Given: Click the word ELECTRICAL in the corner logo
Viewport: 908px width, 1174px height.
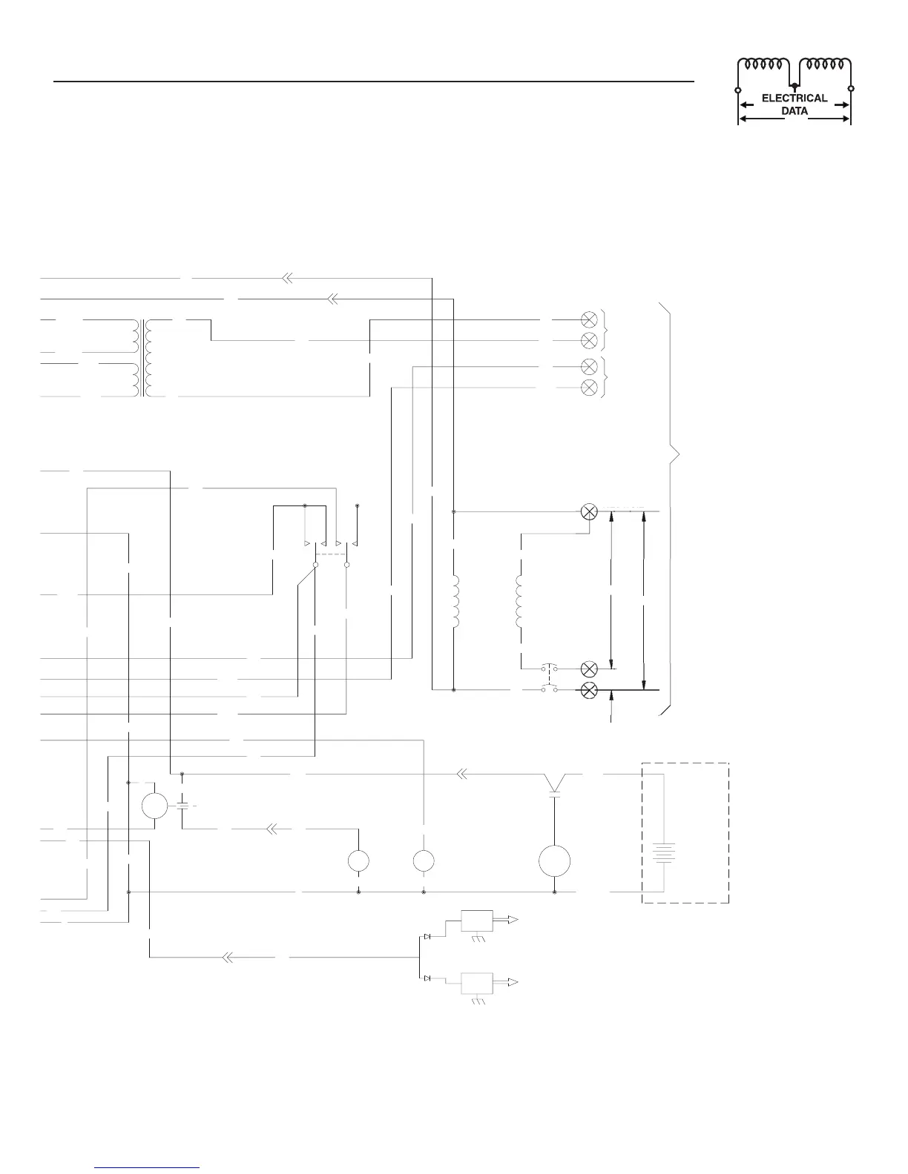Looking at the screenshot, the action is point(794,98).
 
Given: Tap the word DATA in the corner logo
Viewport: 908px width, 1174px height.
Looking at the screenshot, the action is point(794,111).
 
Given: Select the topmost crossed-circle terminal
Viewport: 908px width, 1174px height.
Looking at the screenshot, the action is point(589,319).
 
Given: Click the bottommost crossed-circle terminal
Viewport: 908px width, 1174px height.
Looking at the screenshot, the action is point(589,690).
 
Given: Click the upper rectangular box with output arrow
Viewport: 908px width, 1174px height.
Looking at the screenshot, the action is point(477,920).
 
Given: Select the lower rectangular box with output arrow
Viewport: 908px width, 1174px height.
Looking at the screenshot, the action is point(477,983).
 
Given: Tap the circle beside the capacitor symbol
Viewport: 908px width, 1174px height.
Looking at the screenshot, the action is point(154,805).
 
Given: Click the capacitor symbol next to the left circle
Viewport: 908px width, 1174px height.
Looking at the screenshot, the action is point(182,805).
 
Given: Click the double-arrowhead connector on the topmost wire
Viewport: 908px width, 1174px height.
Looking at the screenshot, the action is point(286,279).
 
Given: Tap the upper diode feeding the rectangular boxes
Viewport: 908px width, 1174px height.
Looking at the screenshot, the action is point(427,937).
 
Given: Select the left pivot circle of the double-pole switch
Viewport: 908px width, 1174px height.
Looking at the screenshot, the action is point(315,565).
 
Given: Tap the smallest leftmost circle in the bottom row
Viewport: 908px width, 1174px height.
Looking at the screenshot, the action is point(359,861).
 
